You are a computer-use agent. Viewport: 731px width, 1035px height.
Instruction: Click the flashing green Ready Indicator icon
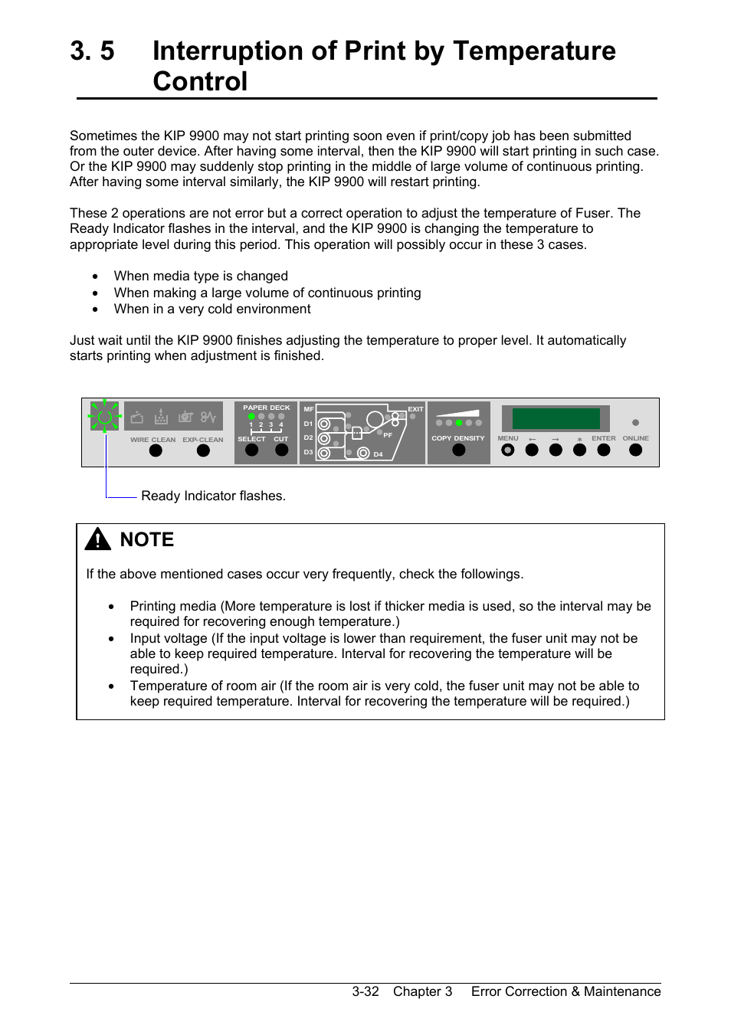(105, 418)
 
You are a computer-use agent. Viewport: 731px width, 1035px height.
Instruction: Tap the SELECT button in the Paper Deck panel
(251, 450)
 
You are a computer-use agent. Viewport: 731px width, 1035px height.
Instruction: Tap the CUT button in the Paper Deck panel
(281, 450)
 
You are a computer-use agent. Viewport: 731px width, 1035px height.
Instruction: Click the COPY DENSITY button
(458, 450)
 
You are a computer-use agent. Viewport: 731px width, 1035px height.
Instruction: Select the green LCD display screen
(556, 418)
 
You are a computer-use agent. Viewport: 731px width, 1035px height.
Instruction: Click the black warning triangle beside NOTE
(98, 540)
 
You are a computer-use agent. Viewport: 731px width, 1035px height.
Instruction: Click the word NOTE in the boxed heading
(147, 540)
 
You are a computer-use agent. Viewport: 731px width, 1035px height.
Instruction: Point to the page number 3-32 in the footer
(365, 991)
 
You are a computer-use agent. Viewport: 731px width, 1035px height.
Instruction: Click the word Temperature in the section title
(534, 51)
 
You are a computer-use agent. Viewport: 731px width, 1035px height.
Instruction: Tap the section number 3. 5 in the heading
(92, 51)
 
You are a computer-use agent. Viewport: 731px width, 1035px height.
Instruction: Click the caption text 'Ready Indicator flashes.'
(213, 496)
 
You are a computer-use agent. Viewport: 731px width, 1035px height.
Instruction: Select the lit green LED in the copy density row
(459, 423)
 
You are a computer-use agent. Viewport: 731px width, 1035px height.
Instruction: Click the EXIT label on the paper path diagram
(415, 409)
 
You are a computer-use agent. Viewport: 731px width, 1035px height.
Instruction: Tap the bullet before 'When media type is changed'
(95, 277)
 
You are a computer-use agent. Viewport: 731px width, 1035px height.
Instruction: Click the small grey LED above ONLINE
(635, 423)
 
